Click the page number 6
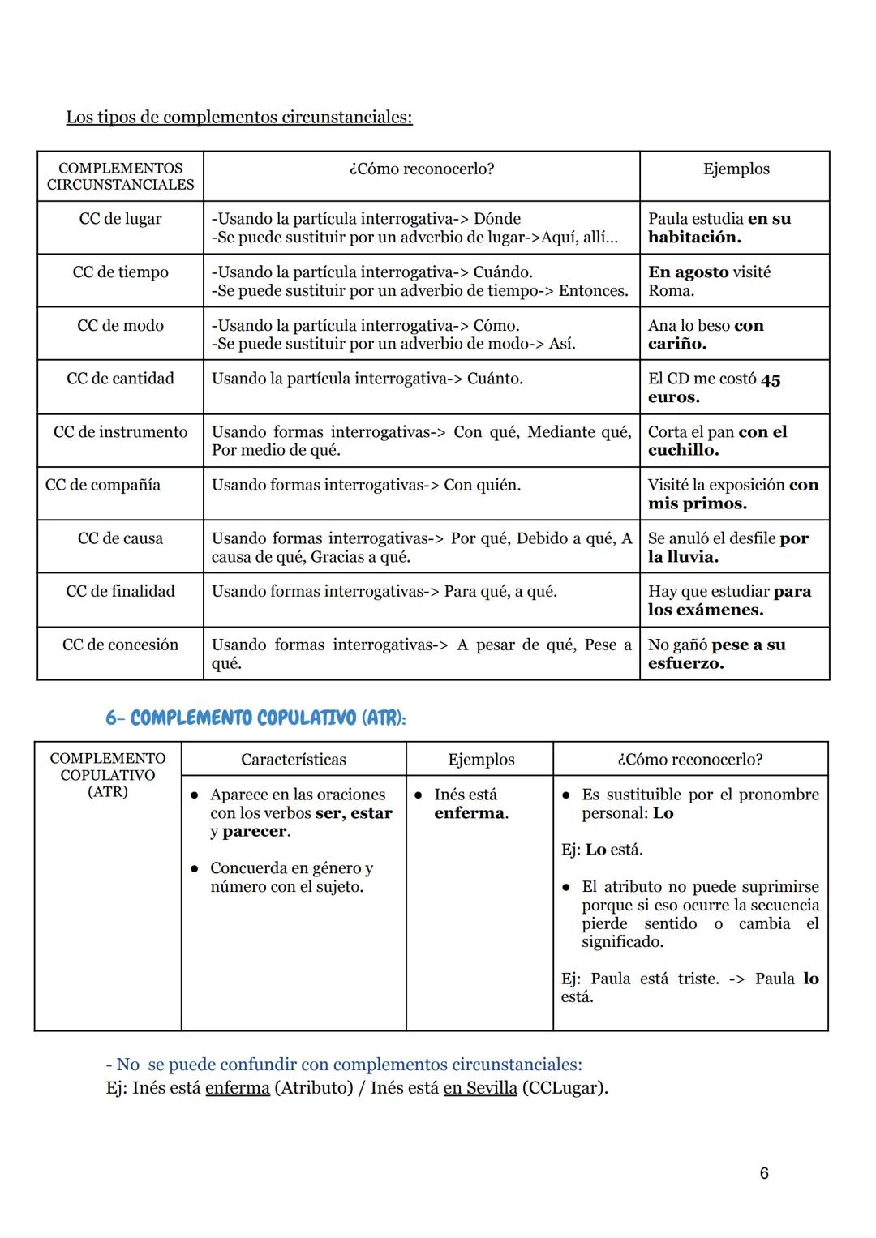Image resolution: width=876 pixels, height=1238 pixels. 763,1173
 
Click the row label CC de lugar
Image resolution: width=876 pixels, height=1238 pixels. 120,219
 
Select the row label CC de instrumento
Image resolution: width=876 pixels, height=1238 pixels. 120,432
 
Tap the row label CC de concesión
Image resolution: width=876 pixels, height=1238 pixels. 120,645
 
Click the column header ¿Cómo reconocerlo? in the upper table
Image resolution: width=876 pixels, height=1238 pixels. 421,169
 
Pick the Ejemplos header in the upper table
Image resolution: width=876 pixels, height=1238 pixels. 736,169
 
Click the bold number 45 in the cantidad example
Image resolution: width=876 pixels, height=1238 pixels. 771,379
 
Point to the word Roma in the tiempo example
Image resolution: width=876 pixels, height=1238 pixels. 671,291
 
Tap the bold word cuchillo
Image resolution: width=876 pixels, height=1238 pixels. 682,451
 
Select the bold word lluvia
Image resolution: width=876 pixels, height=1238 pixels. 692,557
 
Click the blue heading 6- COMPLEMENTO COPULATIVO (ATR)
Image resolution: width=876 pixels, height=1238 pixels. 255,718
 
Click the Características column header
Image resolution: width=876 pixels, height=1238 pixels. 293,760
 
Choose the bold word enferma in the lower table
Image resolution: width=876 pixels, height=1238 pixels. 470,813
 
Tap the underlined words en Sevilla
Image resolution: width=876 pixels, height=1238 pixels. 479,1088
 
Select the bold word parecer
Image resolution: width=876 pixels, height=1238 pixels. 255,832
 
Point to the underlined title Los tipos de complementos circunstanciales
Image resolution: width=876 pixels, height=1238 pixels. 238,118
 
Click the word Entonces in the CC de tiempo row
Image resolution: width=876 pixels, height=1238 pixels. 593,291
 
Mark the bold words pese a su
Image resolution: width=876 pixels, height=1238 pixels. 748,645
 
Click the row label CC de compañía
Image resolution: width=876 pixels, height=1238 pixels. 103,486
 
